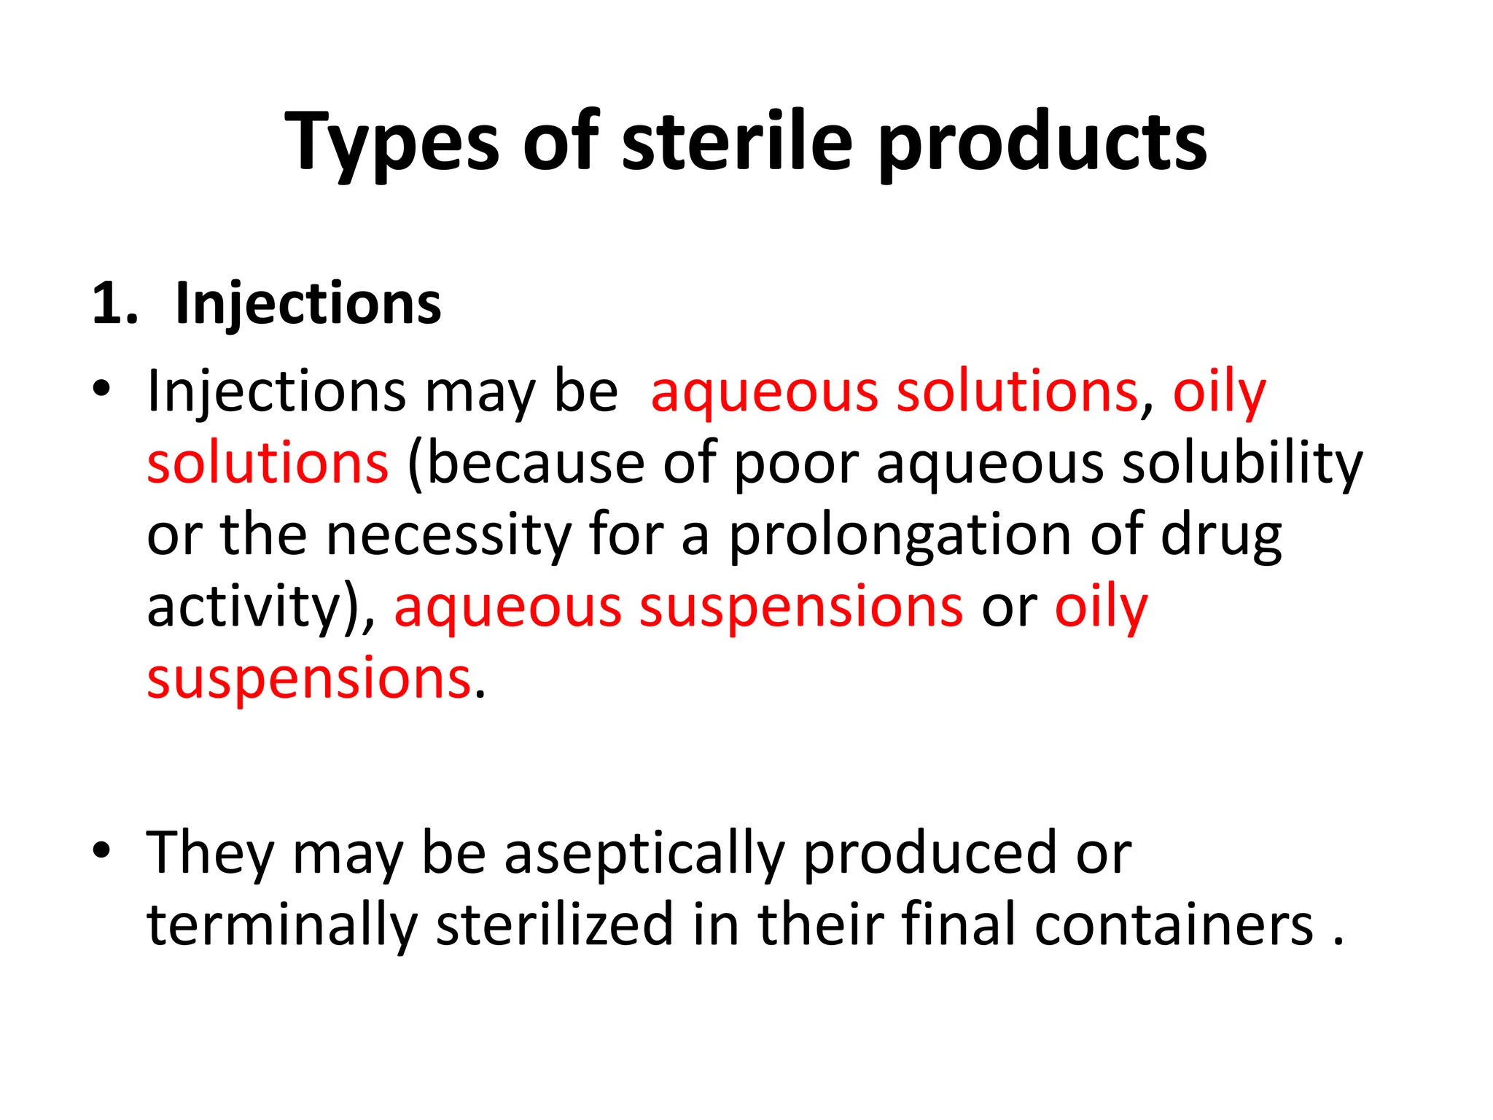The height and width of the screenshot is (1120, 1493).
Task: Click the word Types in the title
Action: click(392, 142)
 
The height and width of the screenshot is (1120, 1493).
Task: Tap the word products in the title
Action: click(1042, 142)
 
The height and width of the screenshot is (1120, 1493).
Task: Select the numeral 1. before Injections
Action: click(114, 303)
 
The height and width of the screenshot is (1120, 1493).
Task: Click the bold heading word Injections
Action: click(308, 303)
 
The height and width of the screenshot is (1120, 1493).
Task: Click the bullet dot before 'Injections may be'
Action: click(101, 389)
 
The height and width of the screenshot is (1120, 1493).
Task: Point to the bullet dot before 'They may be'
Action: click(101, 849)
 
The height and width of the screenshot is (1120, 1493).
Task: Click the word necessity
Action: click(448, 535)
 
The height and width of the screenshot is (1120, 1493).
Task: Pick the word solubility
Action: click(1241, 464)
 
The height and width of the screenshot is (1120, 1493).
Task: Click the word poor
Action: click(796, 464)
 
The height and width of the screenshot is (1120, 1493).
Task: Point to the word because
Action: click(534, 464)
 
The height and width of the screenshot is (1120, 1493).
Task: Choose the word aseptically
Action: click(644, 852)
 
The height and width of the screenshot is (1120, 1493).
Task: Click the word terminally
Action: click(282, 925)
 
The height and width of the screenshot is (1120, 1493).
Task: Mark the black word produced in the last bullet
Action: click(930, 852)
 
